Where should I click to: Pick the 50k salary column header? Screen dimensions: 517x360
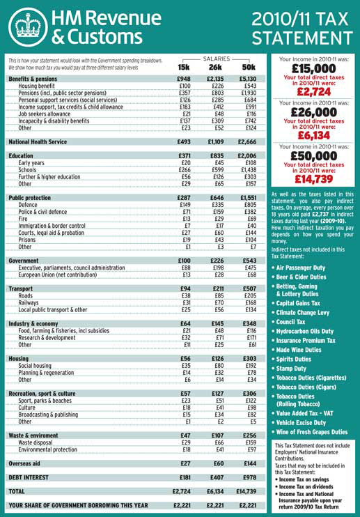pos(248,66)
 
